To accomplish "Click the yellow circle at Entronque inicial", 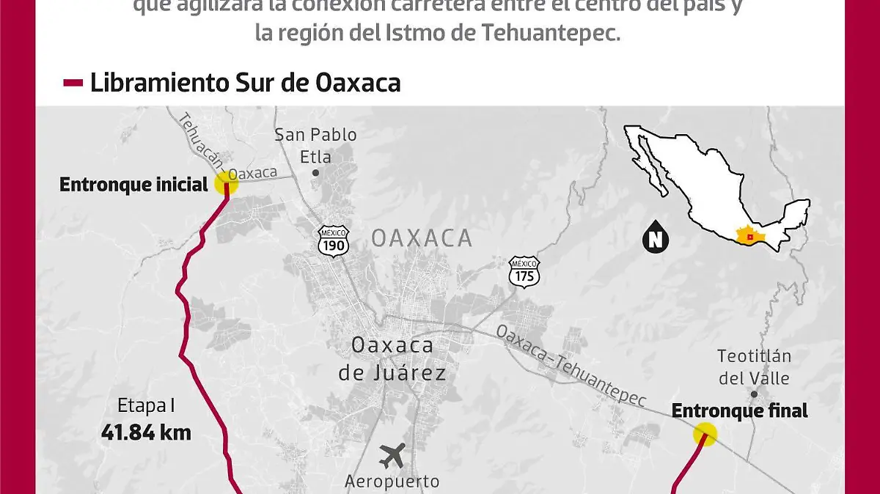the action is [226, 183].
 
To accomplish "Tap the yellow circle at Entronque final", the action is [705, 435].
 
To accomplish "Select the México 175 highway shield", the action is [525, 271].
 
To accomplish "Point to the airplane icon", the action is [392, 455].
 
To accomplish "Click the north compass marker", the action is [654, 237].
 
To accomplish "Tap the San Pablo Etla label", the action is [315, 145].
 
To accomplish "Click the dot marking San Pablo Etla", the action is [315, 173].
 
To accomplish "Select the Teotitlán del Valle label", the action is [754, 367].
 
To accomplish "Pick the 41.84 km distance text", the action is [146, 432].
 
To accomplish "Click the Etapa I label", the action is [146, 405].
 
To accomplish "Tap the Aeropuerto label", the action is [392, 481].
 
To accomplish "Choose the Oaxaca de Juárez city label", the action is [392, 358].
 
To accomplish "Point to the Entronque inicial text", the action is [134, 185].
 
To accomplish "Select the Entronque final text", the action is [739, 411].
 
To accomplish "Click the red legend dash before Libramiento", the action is [73, 83].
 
